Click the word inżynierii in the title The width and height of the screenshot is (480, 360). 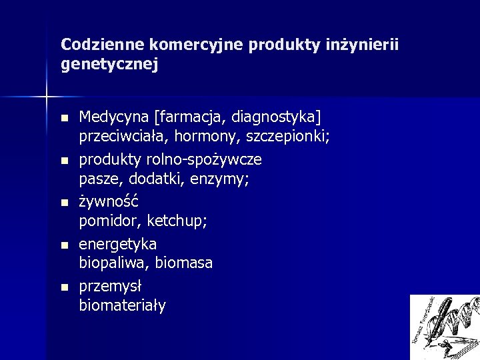[366, 45]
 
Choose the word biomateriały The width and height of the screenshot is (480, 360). [122, 305]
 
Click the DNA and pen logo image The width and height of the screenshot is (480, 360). [444, 327]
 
